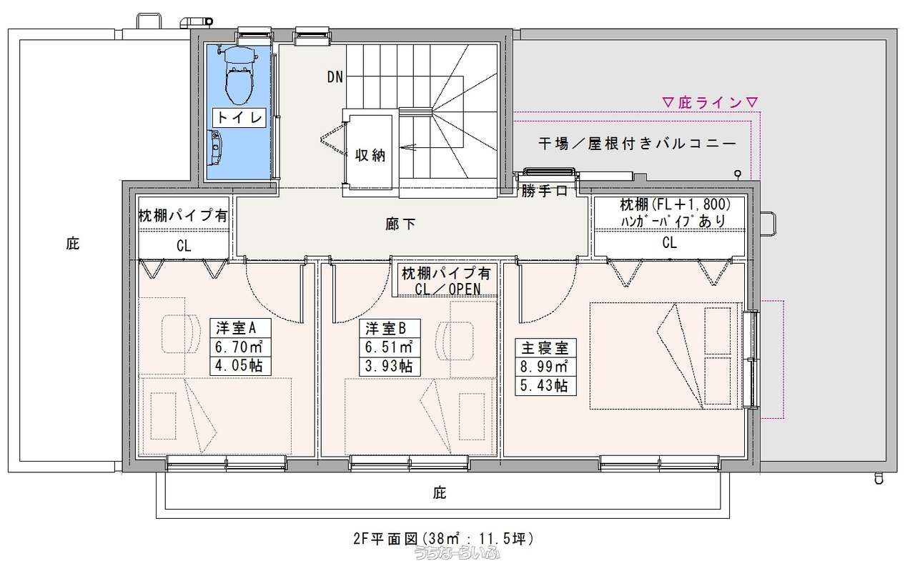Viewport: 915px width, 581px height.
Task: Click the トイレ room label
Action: (x=239, y=118)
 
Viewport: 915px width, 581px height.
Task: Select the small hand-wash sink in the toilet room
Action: (x=215, y=148)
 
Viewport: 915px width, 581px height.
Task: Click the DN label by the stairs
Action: (x=335, y=76)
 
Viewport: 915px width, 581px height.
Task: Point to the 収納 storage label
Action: (x=370, y=155)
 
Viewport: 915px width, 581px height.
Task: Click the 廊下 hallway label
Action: (x=400, y=224)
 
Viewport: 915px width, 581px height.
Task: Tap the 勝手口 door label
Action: (x=545, y=190)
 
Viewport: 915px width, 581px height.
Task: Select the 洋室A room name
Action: (x=236, y=328)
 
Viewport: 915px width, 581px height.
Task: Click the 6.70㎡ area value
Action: (x=239, y=347)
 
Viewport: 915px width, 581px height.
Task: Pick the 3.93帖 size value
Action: (x=388, y=366)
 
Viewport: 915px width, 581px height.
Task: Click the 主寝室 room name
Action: (x=545, y=348)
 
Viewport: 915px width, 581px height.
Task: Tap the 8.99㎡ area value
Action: (x=544, y=366)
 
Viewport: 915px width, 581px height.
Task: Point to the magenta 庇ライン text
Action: (x=710, y=102)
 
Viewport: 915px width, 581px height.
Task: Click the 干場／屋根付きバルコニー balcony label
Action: (x=637, y=144)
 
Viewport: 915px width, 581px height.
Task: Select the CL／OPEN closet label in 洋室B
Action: (x=447, y=289)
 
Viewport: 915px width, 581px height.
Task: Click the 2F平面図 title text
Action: (x=385, y=539)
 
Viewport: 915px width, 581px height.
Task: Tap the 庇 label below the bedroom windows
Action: (x=440, y=493)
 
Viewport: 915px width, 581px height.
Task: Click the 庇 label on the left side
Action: (x=73, y=244)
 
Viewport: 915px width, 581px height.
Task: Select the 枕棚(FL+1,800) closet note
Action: (x=676, y=204)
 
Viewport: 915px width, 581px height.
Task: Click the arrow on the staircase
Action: (x=408, y=147)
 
